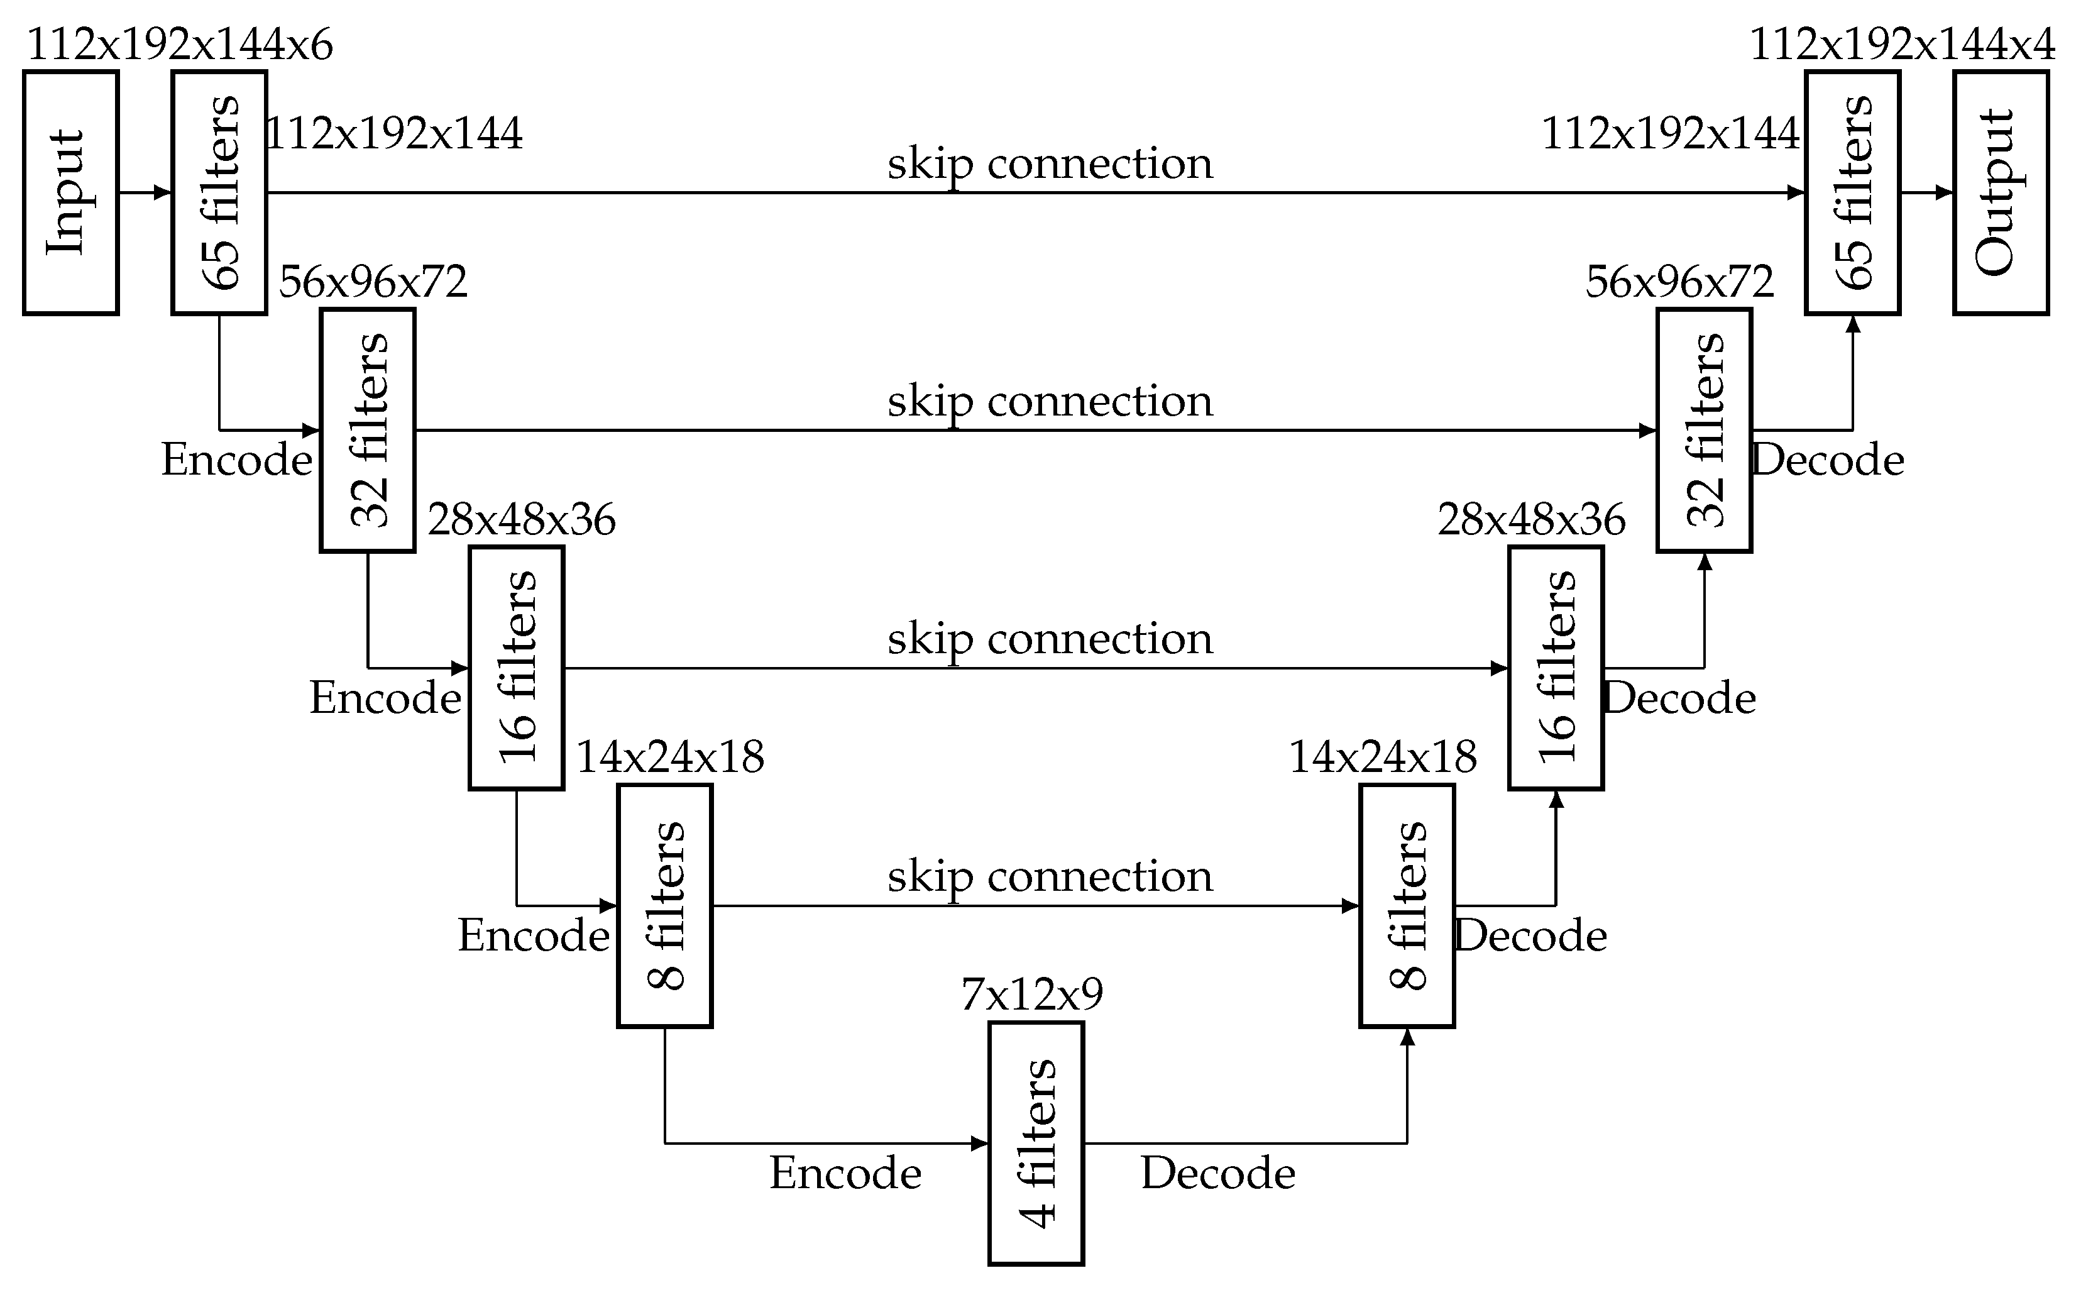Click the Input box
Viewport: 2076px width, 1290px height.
70,193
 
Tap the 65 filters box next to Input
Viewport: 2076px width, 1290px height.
219,193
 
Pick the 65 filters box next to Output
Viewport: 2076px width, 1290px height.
1852,193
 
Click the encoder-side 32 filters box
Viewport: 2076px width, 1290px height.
368,430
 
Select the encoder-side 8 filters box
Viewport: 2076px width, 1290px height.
664,905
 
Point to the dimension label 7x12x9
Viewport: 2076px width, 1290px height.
1032,994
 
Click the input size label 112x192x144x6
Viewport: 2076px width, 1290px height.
180,45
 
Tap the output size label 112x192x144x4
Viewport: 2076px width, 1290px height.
1902,45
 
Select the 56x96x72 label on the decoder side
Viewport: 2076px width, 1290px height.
1679,282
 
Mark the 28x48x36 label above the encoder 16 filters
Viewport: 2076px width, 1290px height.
521,519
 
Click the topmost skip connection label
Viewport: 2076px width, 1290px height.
1050,164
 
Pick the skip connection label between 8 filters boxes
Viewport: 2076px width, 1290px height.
1050,877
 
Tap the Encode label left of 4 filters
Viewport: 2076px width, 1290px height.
845,1173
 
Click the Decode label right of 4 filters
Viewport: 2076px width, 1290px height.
1218,1173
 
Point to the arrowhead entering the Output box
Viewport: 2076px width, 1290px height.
1945,193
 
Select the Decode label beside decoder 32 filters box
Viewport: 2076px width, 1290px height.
1828,461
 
